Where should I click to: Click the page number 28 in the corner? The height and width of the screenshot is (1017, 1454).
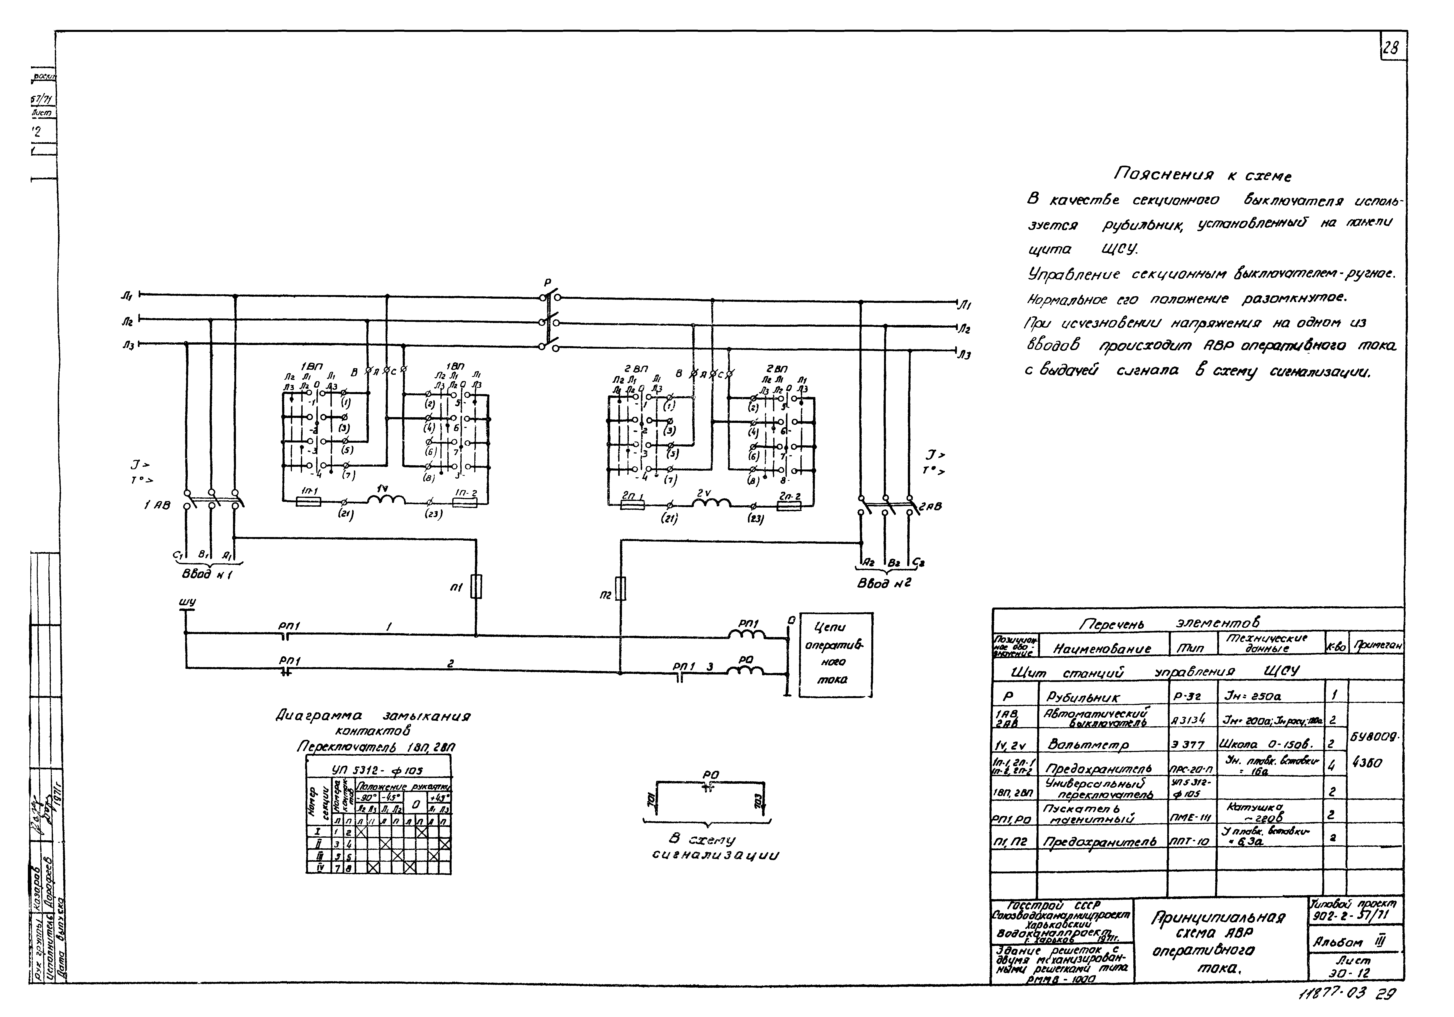pos(1391,49)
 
